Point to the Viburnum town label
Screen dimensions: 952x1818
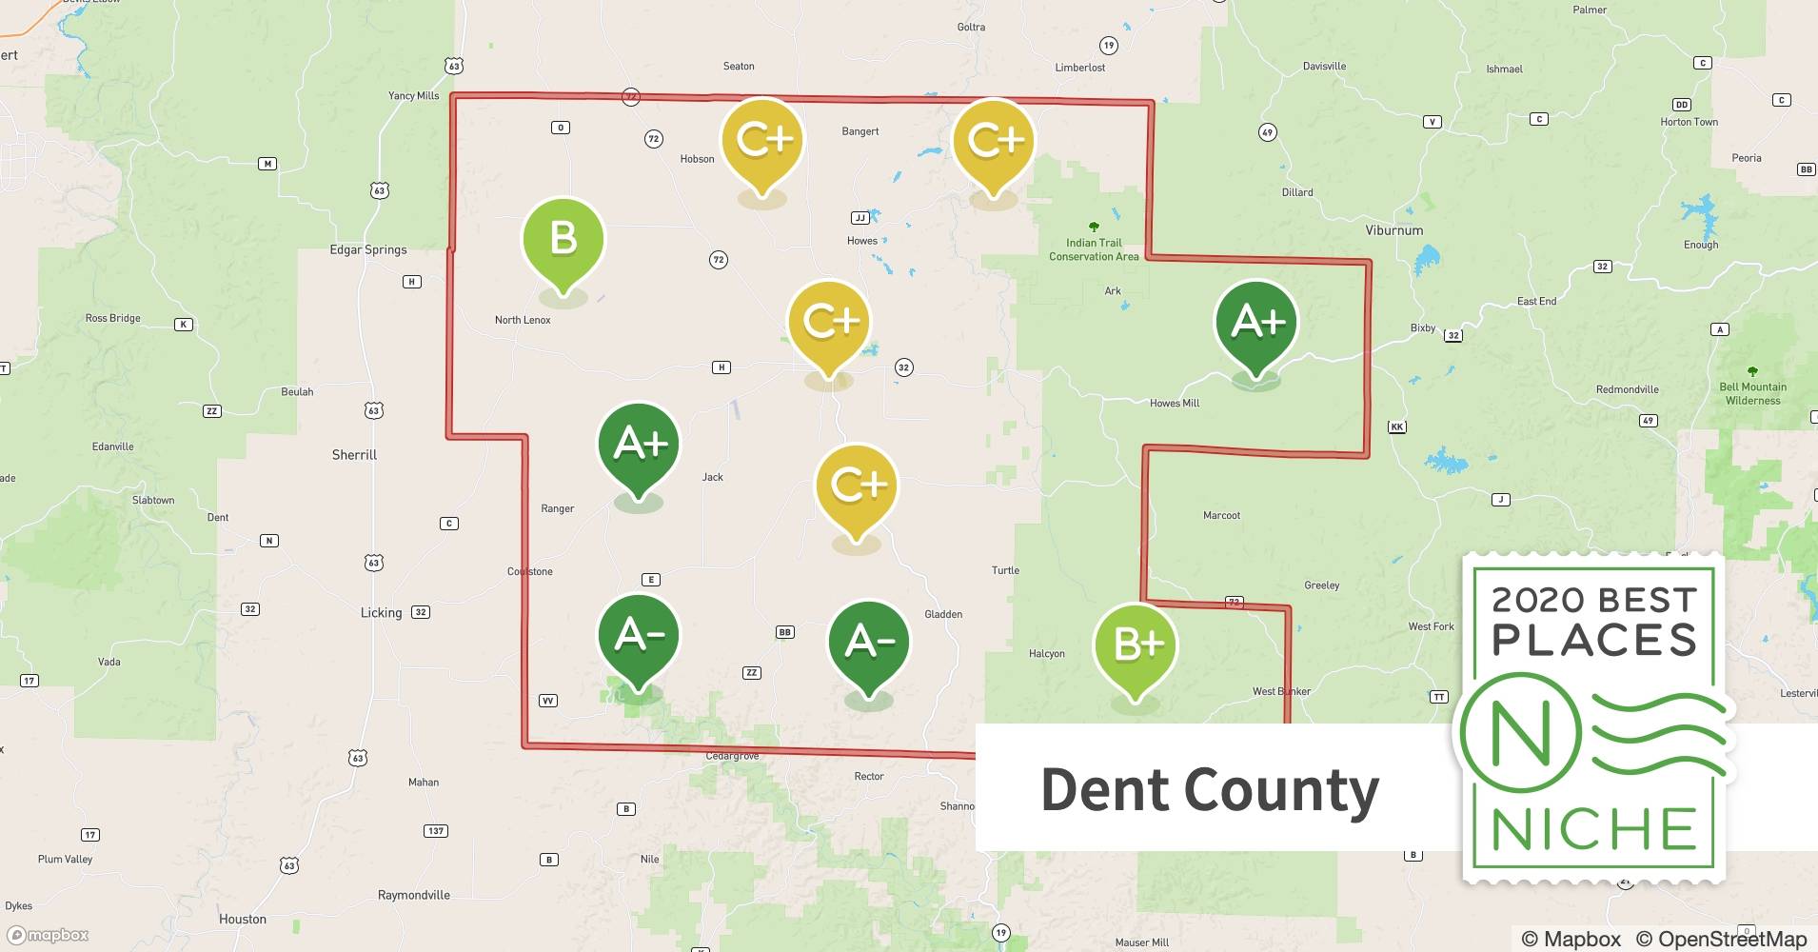[x=1393, y=230]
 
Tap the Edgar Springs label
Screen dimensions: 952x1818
[x=367, y=249]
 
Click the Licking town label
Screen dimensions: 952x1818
[x=381, y=612]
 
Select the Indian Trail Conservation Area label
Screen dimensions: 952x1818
[x=1094, y=249]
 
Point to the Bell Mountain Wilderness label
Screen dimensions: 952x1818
[x=1752, y=393]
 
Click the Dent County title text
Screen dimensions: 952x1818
[x=1209, y=789]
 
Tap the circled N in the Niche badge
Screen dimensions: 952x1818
[x=1520, y=734]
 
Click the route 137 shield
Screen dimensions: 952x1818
[x=435, y=831]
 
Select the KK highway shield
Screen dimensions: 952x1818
[x=1396, y=426]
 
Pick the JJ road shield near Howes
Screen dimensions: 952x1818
[x=860, y=218]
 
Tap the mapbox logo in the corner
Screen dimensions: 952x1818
[x=49, y=935]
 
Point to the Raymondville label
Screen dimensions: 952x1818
[x=413, y=895]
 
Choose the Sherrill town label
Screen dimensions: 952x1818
[x=354, y=455]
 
